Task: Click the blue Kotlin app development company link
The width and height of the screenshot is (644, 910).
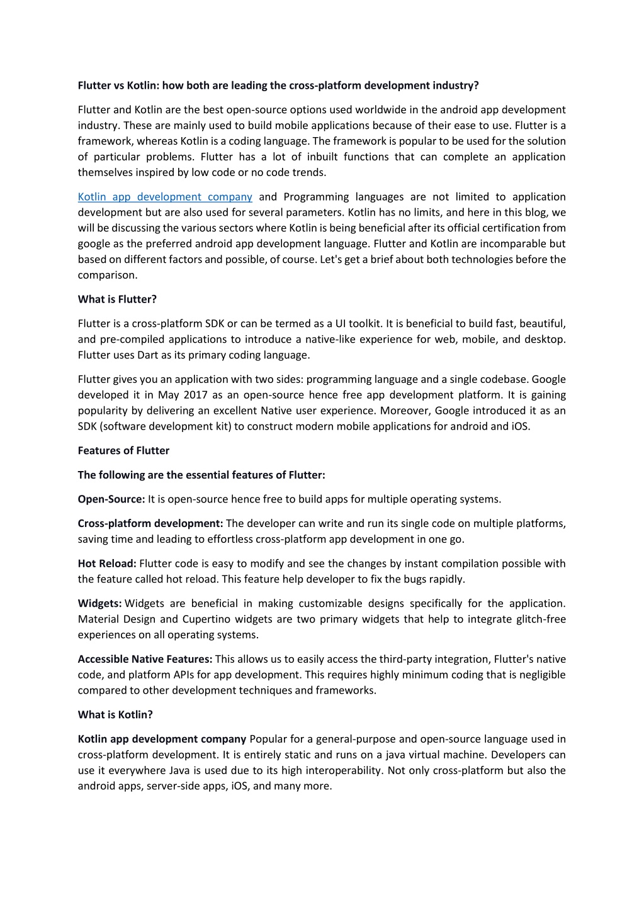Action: coord(165,197)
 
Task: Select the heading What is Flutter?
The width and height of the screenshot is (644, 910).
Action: coord(117,299)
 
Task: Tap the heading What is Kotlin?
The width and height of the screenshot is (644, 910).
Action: coord(115,714)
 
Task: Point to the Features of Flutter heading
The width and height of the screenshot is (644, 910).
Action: coord(123,450)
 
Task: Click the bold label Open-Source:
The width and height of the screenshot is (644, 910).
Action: coord(111,499)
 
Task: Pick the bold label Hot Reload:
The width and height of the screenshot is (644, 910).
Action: coord(107,563)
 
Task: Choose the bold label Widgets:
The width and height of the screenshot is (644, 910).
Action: coord(99,603)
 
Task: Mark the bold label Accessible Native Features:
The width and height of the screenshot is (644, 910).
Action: coord(145,659)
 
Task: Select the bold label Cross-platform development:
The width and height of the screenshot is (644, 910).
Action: coord(150,523)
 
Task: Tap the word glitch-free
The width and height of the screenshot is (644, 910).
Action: coord(541,619)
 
